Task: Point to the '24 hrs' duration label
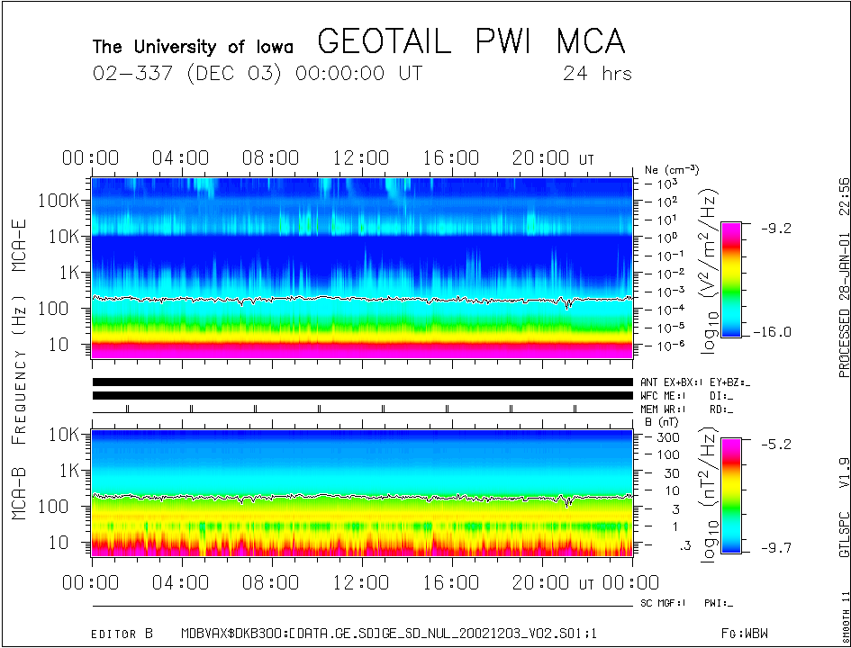coord(596,74)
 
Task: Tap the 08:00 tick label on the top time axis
coord(270,158)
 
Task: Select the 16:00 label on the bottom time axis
coord(451,584)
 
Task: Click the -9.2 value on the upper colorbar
coord(774,229)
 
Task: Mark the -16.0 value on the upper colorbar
coord(774,332)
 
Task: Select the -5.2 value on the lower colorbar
coord(774,445)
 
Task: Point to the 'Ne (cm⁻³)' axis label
coord(672,169)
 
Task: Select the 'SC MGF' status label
coord(663,602)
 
